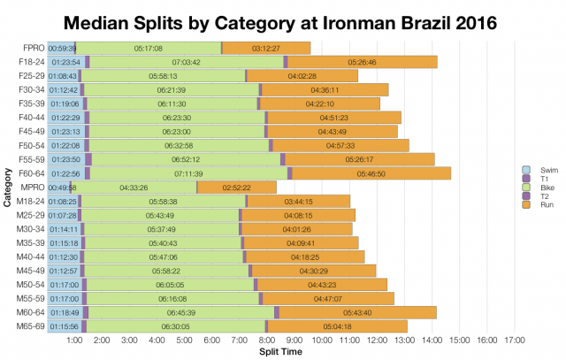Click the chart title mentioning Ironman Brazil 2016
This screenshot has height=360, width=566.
pos(283,19)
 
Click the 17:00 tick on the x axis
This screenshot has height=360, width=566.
pos(514,341)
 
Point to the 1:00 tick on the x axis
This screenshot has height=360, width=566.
pos(75,341)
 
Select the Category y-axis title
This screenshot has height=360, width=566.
pos(7,188)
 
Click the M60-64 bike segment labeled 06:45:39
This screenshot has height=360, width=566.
pos(180,312)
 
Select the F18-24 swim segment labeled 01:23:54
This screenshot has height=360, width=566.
pos(65,62)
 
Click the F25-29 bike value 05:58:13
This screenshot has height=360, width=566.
pos(163,76)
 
